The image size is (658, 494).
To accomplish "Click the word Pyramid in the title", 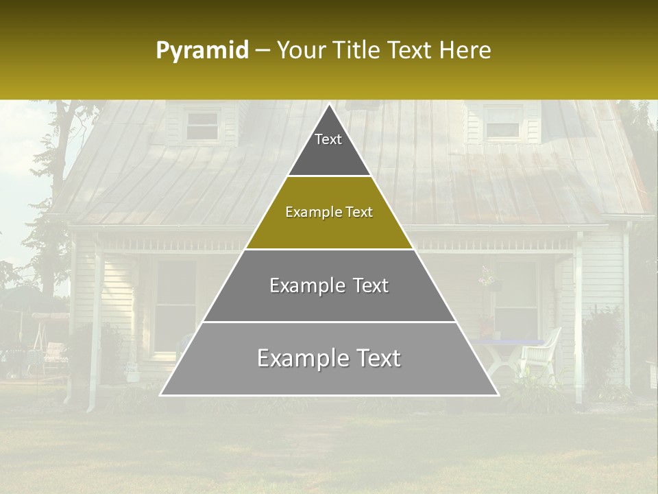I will [x=202, y=51].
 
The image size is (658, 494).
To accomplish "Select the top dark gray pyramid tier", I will [x=329, y=148].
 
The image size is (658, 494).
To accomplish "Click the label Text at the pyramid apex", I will [x=328, y=139].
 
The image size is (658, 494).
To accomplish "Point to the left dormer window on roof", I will [x=203, y=125].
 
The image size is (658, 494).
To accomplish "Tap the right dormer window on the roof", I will [x=502, y=122].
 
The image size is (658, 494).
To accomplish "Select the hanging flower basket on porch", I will [x=488, y=278].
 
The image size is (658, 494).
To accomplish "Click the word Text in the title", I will [x=411, y=51].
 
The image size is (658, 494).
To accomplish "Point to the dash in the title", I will [x=263, y=51].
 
